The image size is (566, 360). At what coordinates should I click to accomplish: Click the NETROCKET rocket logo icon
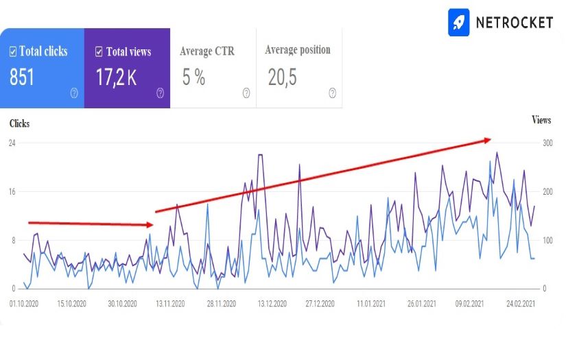459,22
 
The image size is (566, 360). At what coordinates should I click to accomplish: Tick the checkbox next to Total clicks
13,51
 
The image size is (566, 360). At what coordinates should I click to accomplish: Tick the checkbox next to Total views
99,51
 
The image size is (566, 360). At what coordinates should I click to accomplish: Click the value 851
22,77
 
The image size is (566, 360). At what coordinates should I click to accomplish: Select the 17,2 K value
116,77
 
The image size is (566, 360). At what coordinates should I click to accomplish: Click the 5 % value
193,77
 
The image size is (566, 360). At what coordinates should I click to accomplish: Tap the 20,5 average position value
282,77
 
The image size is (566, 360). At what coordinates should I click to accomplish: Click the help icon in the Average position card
332,93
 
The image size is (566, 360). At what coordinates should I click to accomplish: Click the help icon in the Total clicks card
74,93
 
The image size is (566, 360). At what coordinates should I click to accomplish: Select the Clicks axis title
19,124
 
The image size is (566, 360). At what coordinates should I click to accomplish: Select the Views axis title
541,120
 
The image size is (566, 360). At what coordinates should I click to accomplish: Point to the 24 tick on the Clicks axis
12,143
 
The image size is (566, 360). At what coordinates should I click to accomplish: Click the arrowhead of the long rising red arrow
488,140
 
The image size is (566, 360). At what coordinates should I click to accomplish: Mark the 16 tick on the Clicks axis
12,191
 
